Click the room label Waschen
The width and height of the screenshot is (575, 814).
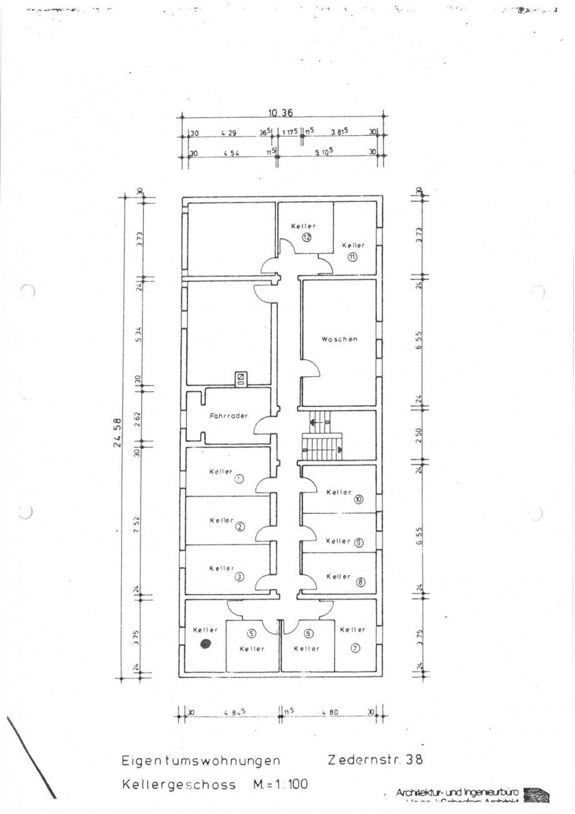[x=339, y=339]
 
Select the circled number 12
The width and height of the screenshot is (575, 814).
[x=307, y=237]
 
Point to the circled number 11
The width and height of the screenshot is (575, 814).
[x=352, y=257]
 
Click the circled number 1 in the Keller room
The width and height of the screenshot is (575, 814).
[x=239, y=479]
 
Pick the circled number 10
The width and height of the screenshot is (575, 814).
[x=358, y=500]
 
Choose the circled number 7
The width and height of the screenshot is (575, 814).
[x=355, y=648]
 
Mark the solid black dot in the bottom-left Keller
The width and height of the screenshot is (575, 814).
[x=204, y=644]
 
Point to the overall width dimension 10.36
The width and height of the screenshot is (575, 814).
[x=281, y=113]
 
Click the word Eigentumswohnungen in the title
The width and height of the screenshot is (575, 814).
[x=199, y=761]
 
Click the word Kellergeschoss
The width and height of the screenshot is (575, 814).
[x=179, y=785]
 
